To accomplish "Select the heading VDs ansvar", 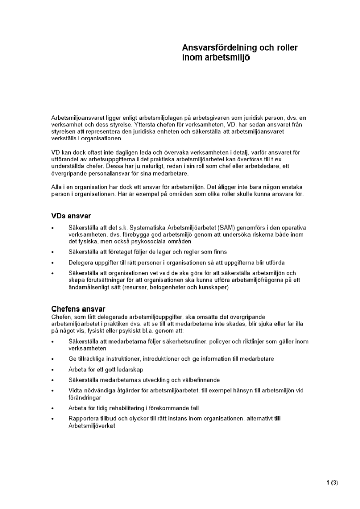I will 71,216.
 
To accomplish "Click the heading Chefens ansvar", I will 78,309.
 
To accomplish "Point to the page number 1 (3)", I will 332,482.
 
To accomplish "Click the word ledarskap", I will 128,369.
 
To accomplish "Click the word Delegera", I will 81,263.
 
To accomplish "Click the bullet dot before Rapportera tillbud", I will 53,419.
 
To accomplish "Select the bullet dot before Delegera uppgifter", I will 53,263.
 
